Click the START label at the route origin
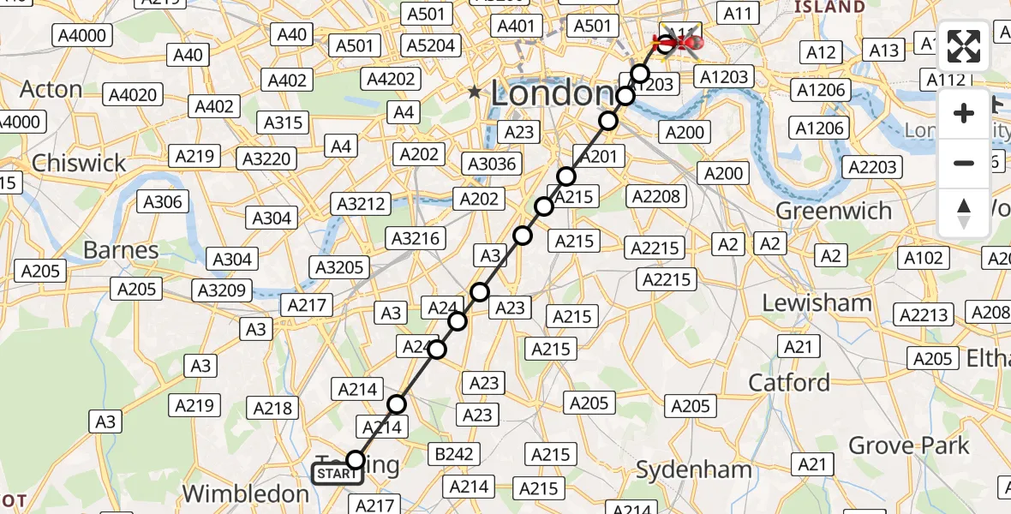337,474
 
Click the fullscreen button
964,48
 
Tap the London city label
552,93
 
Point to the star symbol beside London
474,92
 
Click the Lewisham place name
817,302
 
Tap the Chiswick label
79,163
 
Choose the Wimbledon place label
246,493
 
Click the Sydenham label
694,469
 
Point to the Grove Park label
908,445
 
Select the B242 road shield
455,454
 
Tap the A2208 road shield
656,196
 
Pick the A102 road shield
923,258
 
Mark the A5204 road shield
431,45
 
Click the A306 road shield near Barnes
163,202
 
